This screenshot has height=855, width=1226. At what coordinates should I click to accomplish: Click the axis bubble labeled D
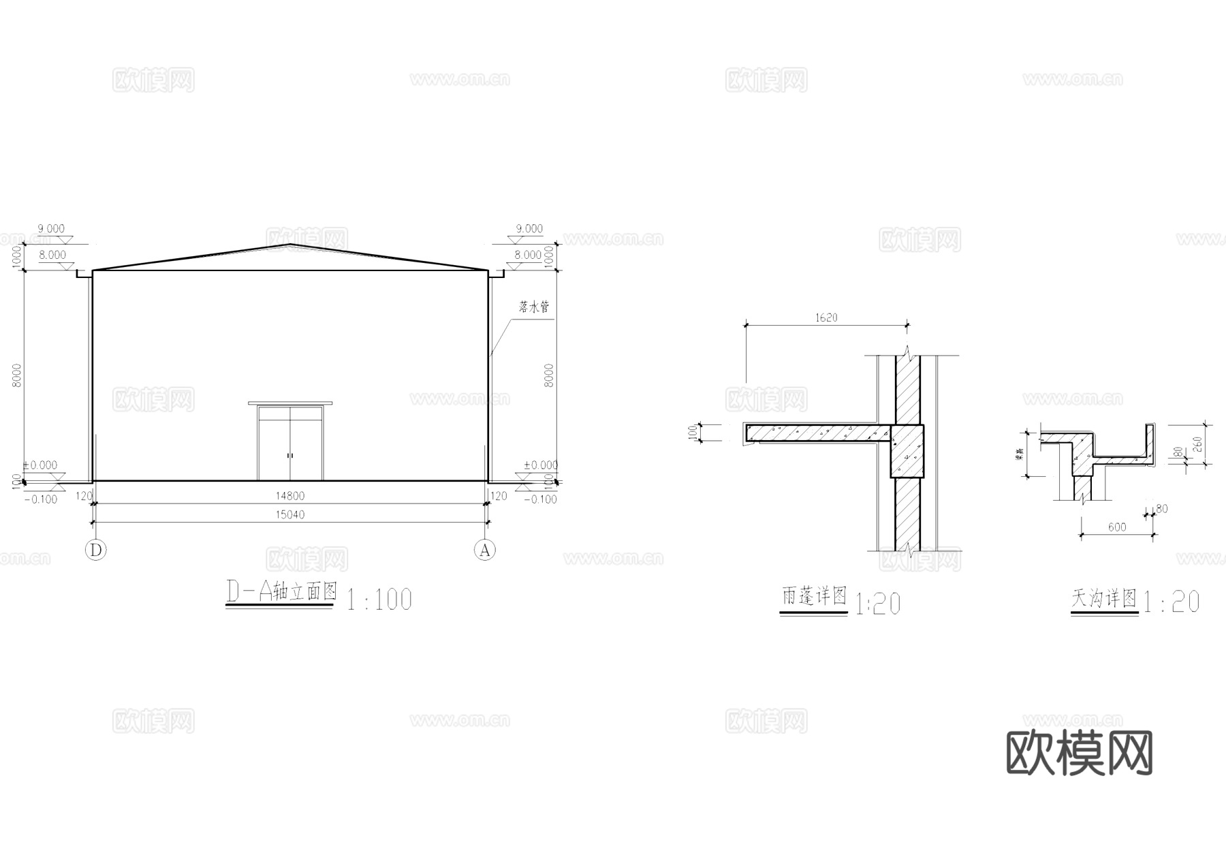pos(96,550)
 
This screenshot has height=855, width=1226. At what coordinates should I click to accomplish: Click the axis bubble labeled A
pos(485,550)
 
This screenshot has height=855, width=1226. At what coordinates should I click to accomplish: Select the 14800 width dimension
pos(290,496)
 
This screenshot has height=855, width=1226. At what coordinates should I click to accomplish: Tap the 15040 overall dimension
pos(290,514)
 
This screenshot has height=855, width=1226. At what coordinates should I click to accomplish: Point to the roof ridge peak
pos(291,245)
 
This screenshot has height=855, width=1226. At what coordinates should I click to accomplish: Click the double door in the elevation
pos(290,443)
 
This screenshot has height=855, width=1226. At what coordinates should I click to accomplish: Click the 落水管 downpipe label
pos(533,307)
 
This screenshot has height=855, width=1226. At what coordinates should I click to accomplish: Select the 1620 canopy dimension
pos(826,317)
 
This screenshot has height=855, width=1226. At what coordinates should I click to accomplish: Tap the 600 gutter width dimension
pos(1116,527)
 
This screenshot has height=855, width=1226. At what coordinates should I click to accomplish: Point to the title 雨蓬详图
pos(813,597)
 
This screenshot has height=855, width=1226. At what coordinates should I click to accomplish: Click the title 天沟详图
pos(1104,599)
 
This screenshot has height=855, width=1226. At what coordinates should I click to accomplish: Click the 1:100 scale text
pos(379,600)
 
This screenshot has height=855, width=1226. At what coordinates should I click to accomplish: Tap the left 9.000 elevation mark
pos(51,229)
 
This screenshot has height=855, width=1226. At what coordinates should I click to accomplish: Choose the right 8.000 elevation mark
pos(529,255)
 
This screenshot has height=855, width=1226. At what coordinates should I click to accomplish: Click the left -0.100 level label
pos(40,499)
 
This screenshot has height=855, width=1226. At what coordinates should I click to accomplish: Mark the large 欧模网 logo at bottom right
pos(1080,753)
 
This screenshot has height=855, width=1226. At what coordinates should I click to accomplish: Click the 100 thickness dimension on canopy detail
pos(693,432)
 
